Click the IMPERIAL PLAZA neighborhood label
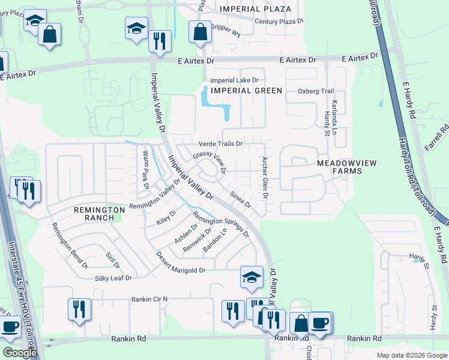[255, 9]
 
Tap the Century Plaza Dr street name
[279, 21]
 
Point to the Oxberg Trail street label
[316, 91]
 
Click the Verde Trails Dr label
[220, 144]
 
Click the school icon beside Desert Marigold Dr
[252, 277]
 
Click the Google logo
[20, 353]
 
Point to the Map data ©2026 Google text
[412, 355]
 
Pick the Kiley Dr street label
[166, 216]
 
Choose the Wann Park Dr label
[145, 170]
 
